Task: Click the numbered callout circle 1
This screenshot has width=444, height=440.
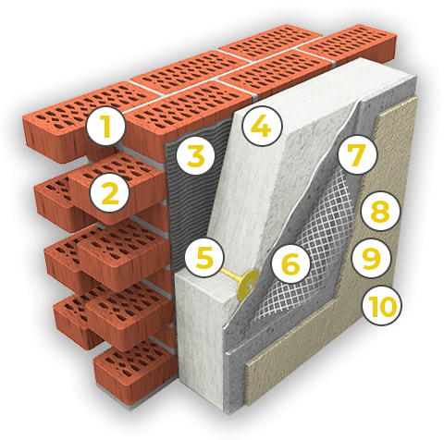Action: click(106, 126)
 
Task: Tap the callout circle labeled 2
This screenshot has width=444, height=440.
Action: click(109, 192)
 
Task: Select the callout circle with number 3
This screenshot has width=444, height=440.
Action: click(195, 155)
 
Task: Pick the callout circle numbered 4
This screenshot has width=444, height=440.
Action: click(262, 126)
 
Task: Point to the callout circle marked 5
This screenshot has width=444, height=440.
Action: click(204, 258)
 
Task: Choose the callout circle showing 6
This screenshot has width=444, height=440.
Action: click(290, 264)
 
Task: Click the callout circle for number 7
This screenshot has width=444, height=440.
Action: click(357, 153)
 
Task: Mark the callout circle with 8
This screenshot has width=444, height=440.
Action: click(380, 211)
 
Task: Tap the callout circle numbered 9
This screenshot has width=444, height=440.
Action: click(371, 258)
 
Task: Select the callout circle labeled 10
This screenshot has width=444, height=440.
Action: click(382, 306)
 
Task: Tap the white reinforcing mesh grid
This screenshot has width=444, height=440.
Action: click(312, 247)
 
